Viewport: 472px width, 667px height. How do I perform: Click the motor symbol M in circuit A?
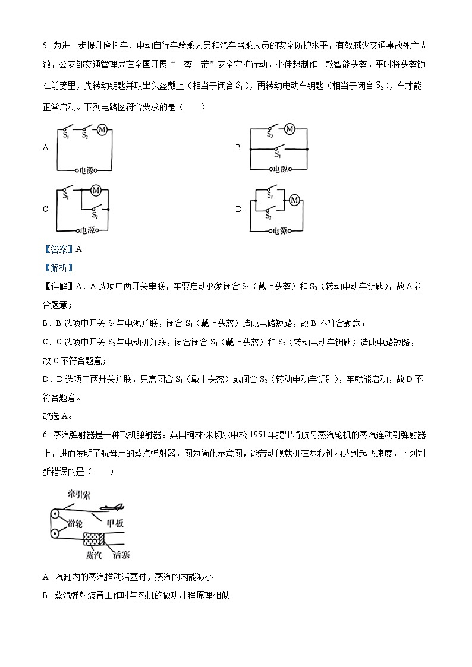click(101, 130)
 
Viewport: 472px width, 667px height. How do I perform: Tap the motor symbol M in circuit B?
click(290, 129)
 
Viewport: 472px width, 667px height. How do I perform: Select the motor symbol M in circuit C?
click(95, 190)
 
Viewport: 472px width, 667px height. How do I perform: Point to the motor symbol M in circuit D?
click(294, 201)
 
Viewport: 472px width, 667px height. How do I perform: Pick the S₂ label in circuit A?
click(85, 137)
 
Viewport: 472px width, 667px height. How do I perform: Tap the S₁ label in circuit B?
click(277, 154)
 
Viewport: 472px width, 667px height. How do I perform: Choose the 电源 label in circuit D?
click(279, 231)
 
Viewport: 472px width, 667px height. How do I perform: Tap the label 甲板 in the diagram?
click(115, 523)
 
